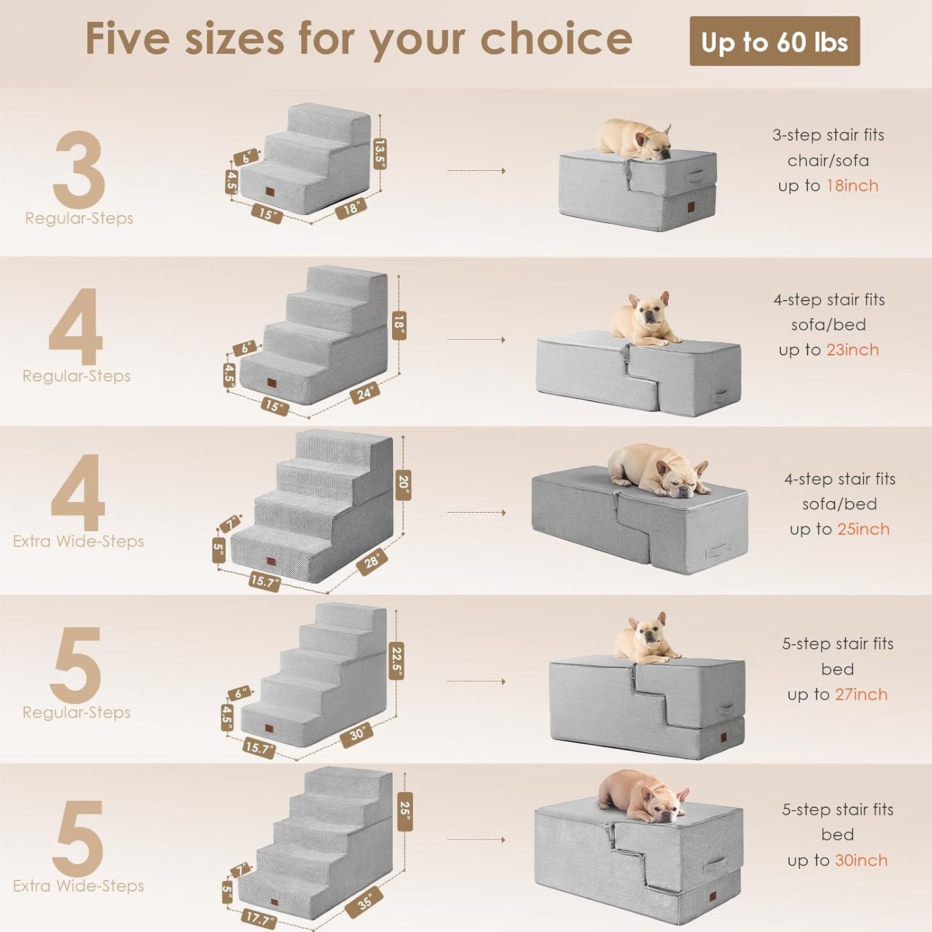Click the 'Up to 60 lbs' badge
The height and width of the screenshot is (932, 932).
[x=774, y=41]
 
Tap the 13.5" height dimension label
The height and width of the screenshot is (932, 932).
[x=380, y=154]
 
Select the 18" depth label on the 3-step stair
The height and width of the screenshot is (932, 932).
[x=351, y=208]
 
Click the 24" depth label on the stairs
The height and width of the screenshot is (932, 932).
[x=365, y=392]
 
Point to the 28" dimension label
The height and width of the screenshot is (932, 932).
[x=372, y=561]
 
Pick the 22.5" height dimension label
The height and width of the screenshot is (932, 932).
[x=397, y=660]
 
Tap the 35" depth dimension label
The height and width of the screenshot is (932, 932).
[x=365, y=902]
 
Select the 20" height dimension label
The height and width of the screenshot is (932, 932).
[x=404, y=484]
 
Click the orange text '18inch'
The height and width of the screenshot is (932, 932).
[x=852, y=186]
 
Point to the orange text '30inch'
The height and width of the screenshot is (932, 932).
[x=861, y=860]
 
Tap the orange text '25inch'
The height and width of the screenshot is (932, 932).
[x=863, y=529]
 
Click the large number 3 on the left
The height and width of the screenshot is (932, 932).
[x=79, y=169]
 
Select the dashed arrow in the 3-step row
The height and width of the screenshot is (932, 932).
[x=476, y=171]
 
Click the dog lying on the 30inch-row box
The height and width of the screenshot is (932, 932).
[x=642, y=795]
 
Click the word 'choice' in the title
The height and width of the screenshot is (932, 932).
[x=556, y=39]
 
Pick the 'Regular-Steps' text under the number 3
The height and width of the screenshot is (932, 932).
[x=79, y=218]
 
